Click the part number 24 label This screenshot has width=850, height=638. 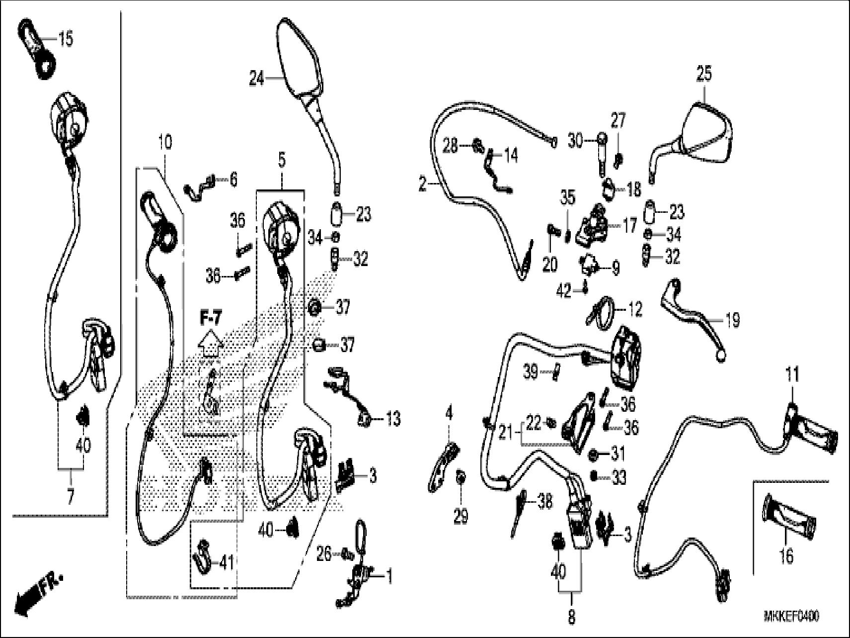tap(256, 78)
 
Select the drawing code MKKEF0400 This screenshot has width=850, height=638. tap(791, 617)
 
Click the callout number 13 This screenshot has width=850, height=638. tap(392, 419)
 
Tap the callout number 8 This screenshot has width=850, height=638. tap(571, 617)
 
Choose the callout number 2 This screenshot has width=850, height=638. tap(423, 185)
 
